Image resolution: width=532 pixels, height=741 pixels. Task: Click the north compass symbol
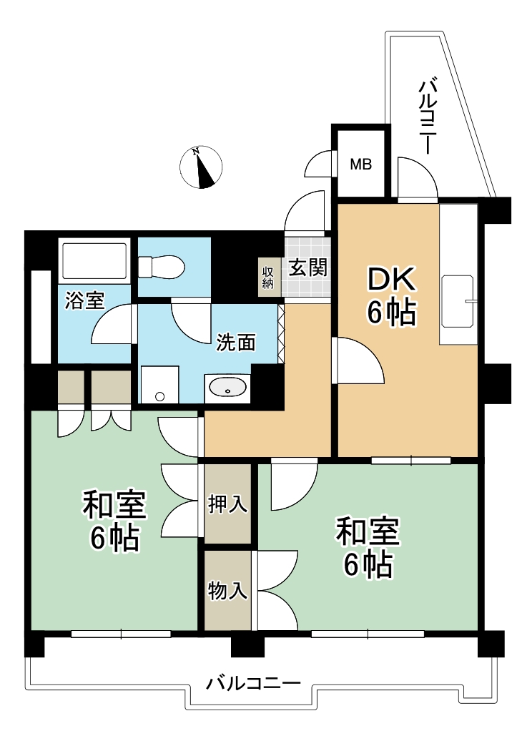201,167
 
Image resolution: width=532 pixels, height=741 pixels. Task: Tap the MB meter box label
361,165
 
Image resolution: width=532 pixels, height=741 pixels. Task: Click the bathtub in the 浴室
94,261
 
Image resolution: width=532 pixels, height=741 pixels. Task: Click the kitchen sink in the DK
458,301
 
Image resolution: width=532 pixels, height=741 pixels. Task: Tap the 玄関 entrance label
308,268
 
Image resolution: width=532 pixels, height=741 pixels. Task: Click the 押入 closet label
227,504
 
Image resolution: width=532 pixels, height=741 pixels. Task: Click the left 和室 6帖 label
114,521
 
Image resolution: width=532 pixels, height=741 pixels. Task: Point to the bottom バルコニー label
253,684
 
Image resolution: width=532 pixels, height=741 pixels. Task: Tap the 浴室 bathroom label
84,300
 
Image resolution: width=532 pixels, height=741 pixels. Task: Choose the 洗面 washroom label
236,343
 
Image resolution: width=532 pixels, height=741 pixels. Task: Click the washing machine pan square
159,384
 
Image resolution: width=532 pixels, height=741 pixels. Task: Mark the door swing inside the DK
359,360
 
